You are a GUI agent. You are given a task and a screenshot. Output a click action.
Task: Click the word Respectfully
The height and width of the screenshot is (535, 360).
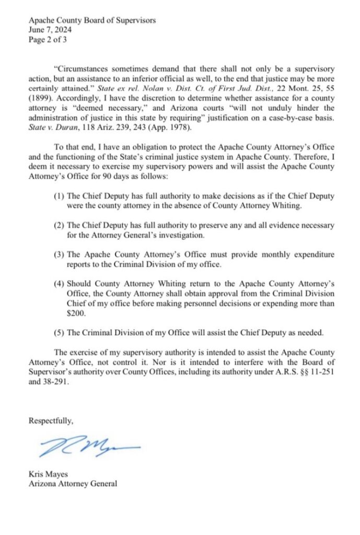pos(51,420)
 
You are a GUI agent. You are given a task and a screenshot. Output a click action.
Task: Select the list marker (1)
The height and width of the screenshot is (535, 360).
pos(59,196)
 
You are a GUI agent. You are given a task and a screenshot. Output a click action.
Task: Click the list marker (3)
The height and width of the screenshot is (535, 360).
pos(59,254)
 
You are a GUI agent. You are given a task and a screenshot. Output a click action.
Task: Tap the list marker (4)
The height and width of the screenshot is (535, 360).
pos(59,283)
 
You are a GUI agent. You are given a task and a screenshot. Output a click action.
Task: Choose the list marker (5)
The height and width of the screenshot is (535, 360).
pos(59,332)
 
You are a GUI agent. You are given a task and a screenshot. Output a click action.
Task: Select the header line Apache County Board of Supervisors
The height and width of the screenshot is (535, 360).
pos(92,20)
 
